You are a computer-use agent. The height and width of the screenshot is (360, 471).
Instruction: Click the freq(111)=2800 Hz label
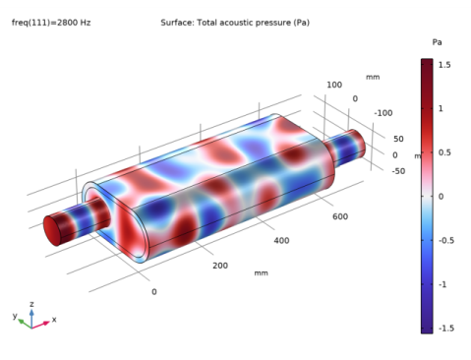point(51,23)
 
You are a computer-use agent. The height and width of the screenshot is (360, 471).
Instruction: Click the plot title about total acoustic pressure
point(235,23)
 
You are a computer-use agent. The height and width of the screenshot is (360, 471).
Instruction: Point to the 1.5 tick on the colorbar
point(444,65)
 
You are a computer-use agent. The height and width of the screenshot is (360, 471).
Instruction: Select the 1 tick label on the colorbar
point(441,108)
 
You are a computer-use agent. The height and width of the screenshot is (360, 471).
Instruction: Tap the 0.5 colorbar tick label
point(444,152)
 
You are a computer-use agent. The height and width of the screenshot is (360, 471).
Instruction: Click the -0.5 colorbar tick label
point(446,240)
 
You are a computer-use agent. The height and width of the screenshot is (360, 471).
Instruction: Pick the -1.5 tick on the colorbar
point(446,329)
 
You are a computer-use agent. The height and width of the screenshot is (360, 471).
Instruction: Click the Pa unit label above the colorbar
point(437,42)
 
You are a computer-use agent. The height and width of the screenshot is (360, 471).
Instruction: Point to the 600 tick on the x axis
point(340,216)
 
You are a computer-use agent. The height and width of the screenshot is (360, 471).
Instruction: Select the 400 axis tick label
point(281,241)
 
